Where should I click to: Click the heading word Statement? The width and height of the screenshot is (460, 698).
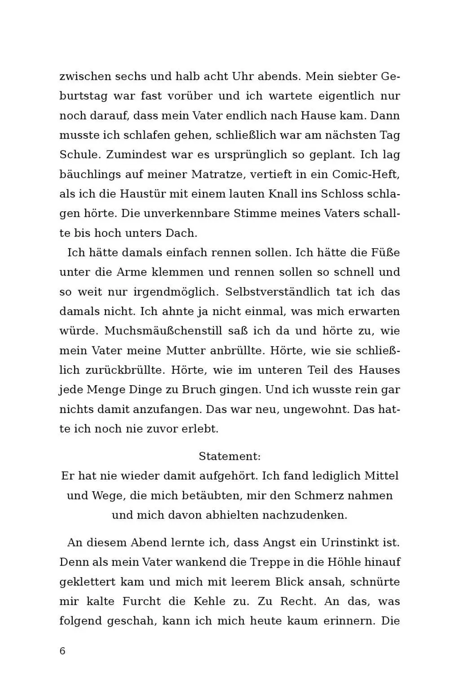click(230, 457)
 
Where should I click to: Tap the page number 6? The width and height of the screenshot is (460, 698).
click(62, 651)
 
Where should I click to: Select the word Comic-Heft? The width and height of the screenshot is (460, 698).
click(366, 174)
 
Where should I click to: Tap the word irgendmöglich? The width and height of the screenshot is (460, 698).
click(176, 292)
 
